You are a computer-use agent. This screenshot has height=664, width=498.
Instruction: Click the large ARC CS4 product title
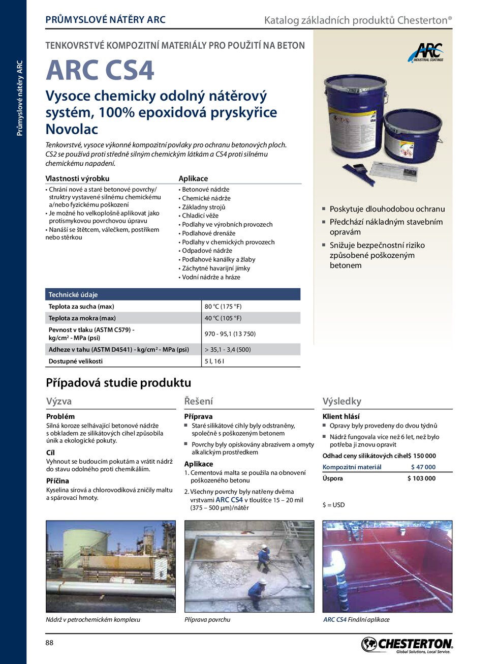coord(100,71)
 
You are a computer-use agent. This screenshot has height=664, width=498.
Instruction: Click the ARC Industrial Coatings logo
coord(426,53)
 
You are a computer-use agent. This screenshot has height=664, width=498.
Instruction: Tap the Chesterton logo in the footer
coord(407,645)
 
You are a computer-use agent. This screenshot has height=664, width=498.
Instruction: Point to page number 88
coord(49,643)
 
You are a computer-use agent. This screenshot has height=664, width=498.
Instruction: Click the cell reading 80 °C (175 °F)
coord(223,307)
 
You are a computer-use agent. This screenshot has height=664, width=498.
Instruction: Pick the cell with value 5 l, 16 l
coord(214,361)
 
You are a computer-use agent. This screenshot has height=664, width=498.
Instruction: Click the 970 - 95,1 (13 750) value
coord(230,334)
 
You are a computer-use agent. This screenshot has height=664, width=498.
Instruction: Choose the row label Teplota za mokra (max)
coord(82,318)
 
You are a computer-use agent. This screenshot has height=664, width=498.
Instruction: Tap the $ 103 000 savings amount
coord(421,478)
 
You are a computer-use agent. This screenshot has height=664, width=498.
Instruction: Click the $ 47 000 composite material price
coord(423,467)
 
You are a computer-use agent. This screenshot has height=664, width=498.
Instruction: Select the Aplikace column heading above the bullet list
coord(193,178)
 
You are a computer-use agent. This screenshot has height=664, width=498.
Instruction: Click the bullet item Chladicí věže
coord(200,216)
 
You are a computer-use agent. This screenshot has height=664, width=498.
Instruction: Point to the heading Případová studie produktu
coord(118,383)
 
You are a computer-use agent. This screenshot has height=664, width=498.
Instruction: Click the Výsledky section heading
coord(341,401)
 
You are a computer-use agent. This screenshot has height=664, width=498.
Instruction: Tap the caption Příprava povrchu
coord(207,620)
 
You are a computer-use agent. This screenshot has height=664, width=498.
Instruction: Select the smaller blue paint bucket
coord(413,135)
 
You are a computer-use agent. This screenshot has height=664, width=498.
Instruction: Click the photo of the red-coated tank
coord(387,566)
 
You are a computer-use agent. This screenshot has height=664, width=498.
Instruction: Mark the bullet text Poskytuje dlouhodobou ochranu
coord(387,209)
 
